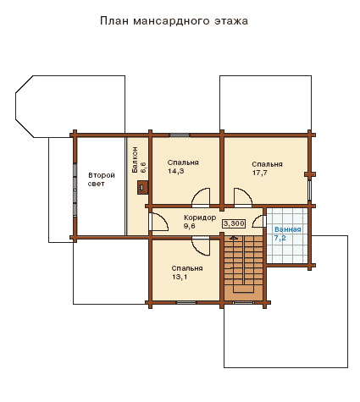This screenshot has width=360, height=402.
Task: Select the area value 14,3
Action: (176, 171)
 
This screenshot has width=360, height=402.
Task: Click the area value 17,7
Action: (260, 173)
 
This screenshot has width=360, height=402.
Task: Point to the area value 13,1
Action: (180, 277)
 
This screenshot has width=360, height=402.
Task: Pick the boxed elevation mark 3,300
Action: (234, 223)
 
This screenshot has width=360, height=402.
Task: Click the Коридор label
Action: (200, 218)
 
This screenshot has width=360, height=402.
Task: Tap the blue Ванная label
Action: (288, 229)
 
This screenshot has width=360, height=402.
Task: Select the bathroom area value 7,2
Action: (280, 238)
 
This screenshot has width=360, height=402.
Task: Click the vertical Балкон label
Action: (135, 160)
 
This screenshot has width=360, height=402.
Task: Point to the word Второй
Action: (102, 175)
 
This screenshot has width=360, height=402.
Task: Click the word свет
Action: (96, 184)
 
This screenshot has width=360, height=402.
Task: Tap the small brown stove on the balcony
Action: (142, 187)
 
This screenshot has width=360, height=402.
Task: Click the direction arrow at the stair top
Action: (234, 238)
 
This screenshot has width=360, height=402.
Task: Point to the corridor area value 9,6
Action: (190, 226)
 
